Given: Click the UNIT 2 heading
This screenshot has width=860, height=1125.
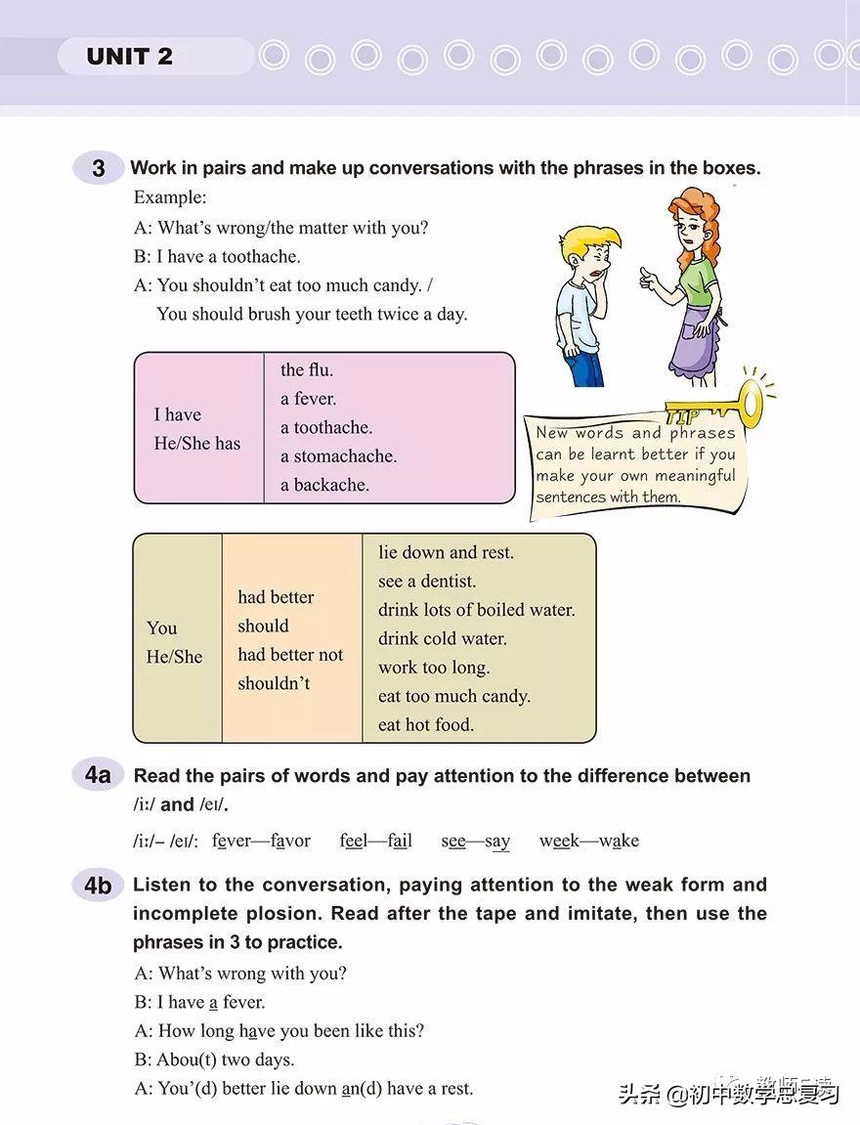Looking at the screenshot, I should (x=129, y=57).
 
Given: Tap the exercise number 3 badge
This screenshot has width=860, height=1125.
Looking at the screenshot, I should (x=98, y=168).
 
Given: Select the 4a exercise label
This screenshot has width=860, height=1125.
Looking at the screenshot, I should (x=98, y=776).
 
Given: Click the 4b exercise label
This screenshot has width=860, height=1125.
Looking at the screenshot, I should (x=98, y=886).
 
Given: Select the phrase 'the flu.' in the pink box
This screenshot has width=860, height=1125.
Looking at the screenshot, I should (x=307, y=369).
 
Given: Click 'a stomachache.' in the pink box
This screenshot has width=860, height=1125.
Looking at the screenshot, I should (x=338, y=455).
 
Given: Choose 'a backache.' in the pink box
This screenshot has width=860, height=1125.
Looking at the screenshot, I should (x=324, y=485).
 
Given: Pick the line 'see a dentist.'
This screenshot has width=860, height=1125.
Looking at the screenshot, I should (x=427, y=582).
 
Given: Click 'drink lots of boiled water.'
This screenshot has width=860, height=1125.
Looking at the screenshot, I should (x=476, y=610).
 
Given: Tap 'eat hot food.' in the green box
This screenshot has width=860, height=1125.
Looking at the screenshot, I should (x=425, y=724).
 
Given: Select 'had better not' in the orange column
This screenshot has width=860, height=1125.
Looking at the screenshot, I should (x=290, y=655).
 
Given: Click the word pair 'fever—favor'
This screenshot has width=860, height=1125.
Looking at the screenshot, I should (x=261, y=841).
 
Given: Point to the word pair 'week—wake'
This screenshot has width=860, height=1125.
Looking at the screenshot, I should (x=588, y=841).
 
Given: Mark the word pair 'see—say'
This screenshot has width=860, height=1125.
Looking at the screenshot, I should (x=475, y=841).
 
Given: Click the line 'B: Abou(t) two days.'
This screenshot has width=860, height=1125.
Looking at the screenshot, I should (x=213, y=1060).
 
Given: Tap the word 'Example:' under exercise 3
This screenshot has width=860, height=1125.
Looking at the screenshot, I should (x=170, y=197).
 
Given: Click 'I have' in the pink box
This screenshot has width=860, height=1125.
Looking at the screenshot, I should (x=177, y=414).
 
